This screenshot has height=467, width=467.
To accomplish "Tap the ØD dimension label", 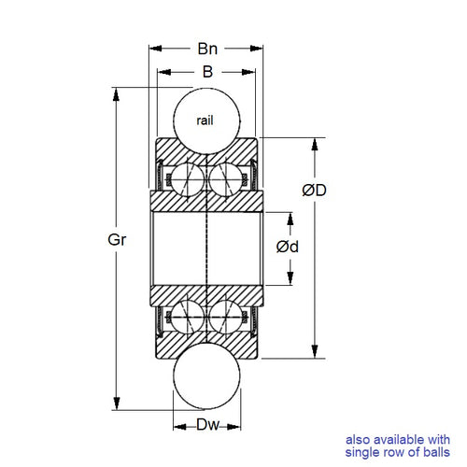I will point(314,191).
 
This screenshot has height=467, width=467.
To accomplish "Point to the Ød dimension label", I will point(289,247).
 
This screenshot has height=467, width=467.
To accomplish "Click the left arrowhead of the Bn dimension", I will point(155,47).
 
